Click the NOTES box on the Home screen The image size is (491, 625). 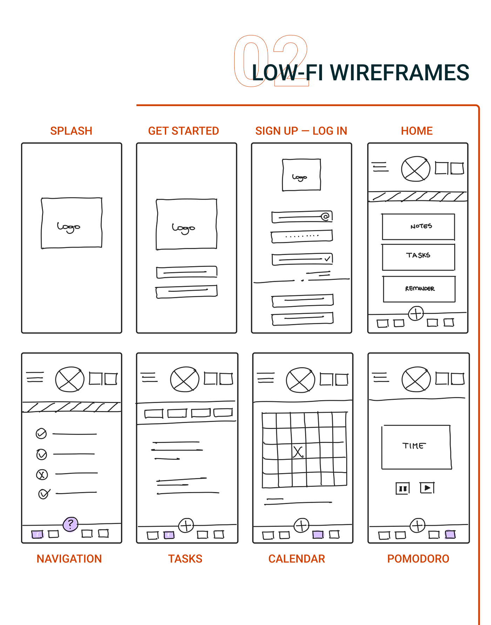(x=418, y=227)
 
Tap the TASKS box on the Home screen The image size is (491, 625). (x=418, y=257)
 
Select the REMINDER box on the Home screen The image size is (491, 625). (x=419, y=289)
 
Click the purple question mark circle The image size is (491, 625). (x=70, y=524)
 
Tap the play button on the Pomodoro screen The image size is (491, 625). (x=427, y=488)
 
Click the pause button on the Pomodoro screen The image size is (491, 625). (x=403, y=488)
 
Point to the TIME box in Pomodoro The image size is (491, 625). (x=416, y=447)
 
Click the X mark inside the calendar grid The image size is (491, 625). (x=298, y=452)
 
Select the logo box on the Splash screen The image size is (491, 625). (x=72, y=223)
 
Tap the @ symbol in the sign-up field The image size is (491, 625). (x=325, y=216)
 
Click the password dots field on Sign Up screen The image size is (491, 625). (x=302, y=236)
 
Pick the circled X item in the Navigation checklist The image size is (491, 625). (x=42, y=475)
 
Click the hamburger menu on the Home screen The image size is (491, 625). (x=380, y=167)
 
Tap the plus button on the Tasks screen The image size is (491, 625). (x=186, y=525)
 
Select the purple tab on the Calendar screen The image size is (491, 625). (x=318, y=535)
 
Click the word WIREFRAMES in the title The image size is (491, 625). (x=399, y=73)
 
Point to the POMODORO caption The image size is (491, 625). (x=418, y=559)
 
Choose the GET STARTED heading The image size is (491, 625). (x=183, y=131)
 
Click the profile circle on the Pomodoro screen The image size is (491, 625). (x=416, y=379)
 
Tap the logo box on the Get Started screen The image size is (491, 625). (x=187, y=224)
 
